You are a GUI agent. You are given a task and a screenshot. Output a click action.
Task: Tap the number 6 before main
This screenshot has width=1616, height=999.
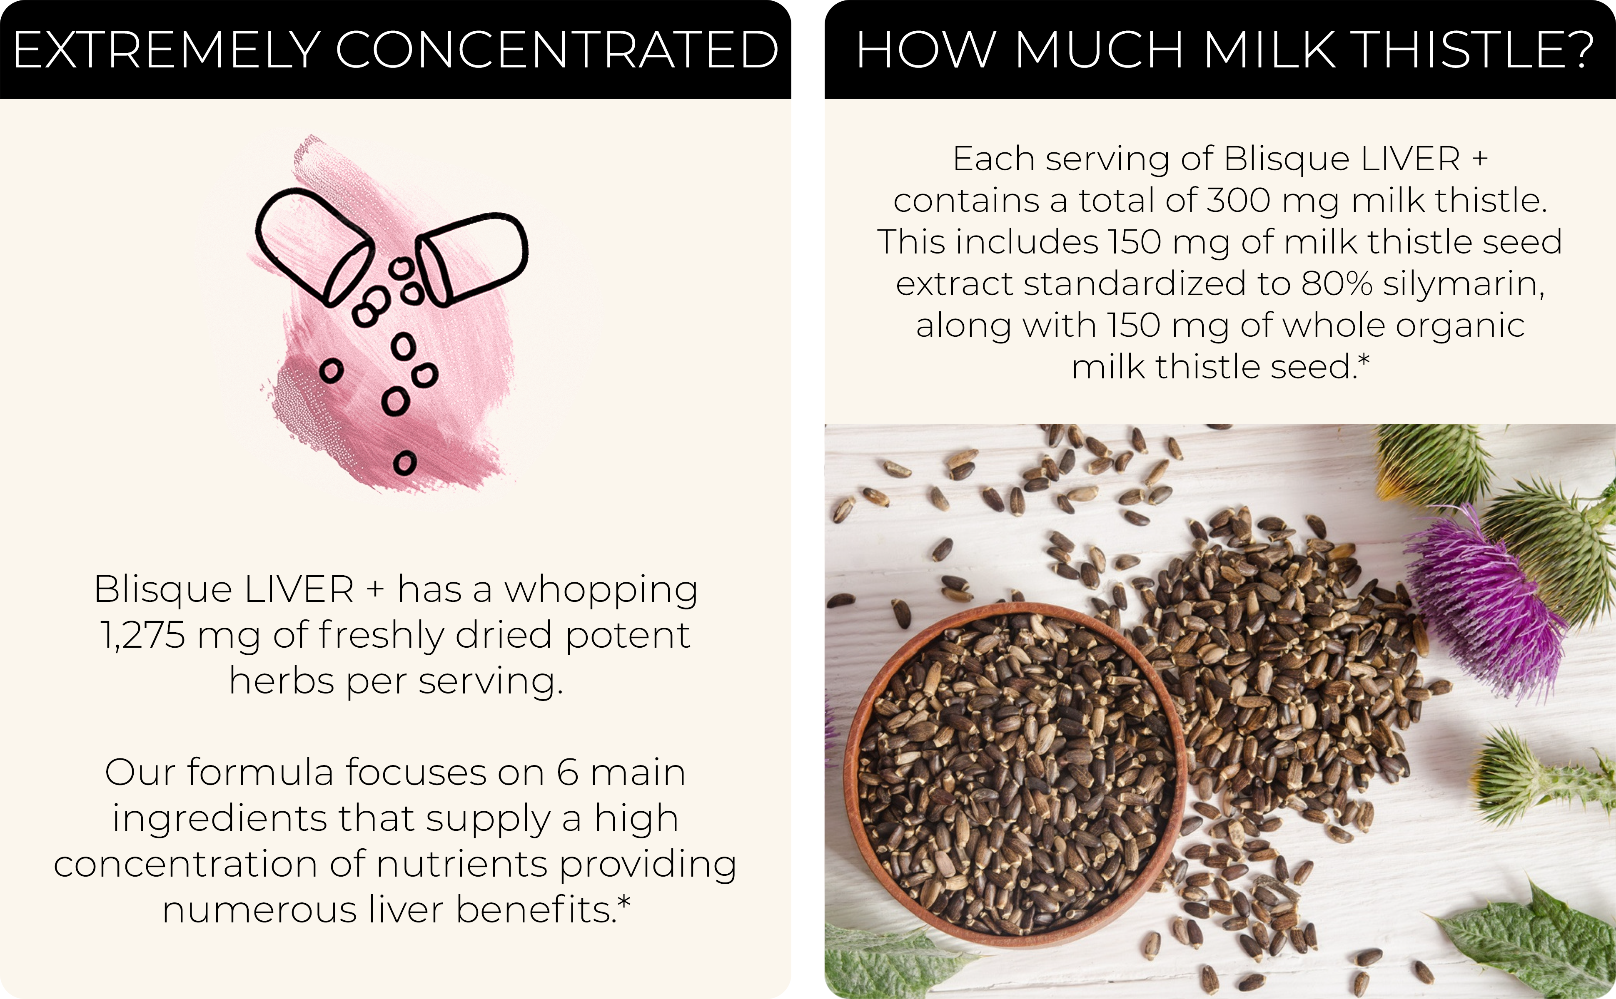click(x=568, y=773)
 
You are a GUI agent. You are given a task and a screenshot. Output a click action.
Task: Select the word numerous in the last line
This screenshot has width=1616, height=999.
click(x=260, y=910)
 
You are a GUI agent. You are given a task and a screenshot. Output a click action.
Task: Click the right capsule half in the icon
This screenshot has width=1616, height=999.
click(x=472, y=258)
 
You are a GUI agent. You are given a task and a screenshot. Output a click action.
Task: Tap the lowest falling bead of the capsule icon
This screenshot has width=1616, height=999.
click(x=405, y=463)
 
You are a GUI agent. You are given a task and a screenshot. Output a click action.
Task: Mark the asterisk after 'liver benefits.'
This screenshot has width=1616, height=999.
click(x=624, y=901)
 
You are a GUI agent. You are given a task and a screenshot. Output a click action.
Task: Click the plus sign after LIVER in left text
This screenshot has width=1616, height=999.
click(x=375, y=589)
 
